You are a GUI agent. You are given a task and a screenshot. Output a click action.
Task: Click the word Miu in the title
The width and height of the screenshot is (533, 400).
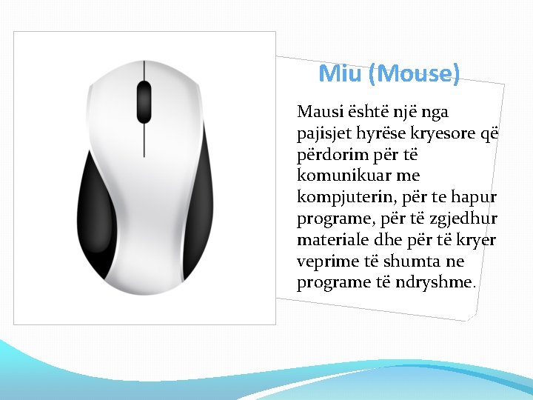[x=339, y=73]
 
